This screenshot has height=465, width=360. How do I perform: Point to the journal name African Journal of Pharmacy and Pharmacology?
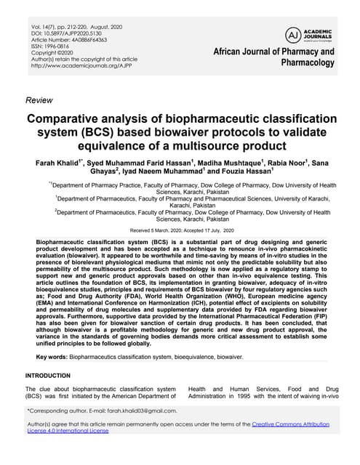(273, 57)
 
